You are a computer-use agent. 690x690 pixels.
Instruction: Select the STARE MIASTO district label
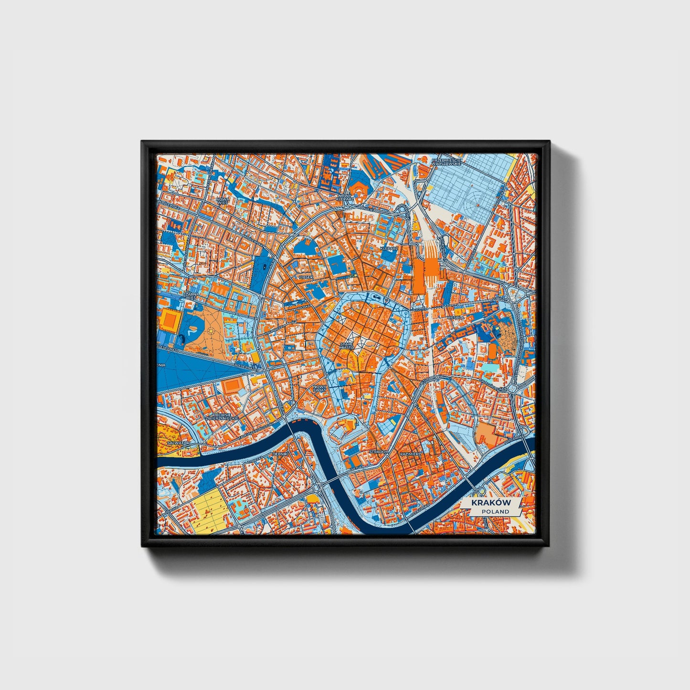pos(347,345)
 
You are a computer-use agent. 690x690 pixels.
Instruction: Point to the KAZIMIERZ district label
pos(410,452)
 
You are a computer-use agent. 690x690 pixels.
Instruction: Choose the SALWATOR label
pos(180,443)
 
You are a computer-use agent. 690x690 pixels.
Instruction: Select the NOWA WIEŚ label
pos(222,201)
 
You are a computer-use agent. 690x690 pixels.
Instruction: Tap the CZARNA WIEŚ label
pos(190,297)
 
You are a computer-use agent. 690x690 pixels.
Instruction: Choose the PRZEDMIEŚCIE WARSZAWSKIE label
pos(446,161)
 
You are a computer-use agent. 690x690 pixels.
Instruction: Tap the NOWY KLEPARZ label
pos(344,198)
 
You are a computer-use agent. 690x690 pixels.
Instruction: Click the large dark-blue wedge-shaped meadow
pos(191,368)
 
